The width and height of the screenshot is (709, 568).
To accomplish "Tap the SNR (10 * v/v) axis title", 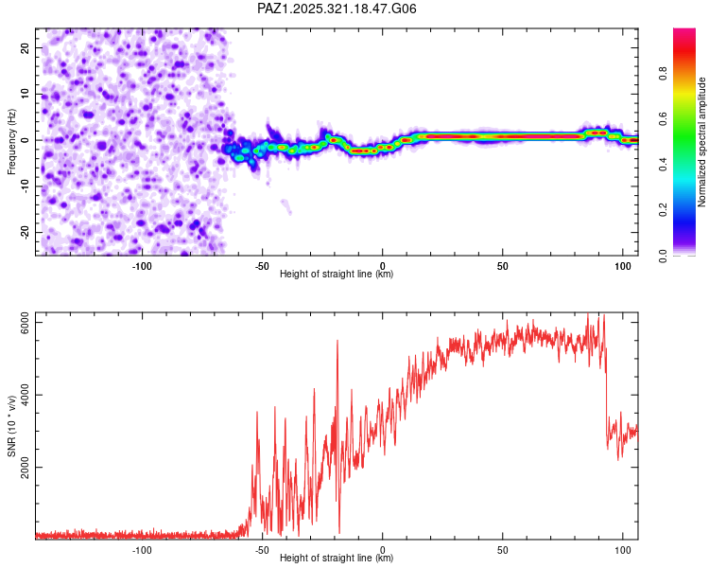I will tap(11, 425).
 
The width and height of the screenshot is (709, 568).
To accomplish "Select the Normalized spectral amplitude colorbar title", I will tap(702, 142).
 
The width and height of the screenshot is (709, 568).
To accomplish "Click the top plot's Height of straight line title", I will tap(337, 275).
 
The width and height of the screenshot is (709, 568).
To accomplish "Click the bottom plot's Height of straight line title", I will tap(337, 559).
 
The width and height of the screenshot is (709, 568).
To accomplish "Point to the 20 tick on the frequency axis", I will tap(26, 47).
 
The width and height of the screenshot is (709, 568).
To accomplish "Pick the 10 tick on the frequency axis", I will tap(26, 94).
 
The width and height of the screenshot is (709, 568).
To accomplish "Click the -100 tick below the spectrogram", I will tap(142, 266).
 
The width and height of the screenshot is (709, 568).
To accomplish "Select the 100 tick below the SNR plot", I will tap(623, 550).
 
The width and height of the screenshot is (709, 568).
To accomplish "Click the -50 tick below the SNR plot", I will tap(262, 550).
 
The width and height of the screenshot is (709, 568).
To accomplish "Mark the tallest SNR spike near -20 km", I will tap(337, 341).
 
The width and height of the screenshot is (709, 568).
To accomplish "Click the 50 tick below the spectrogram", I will tap(503, 266).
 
